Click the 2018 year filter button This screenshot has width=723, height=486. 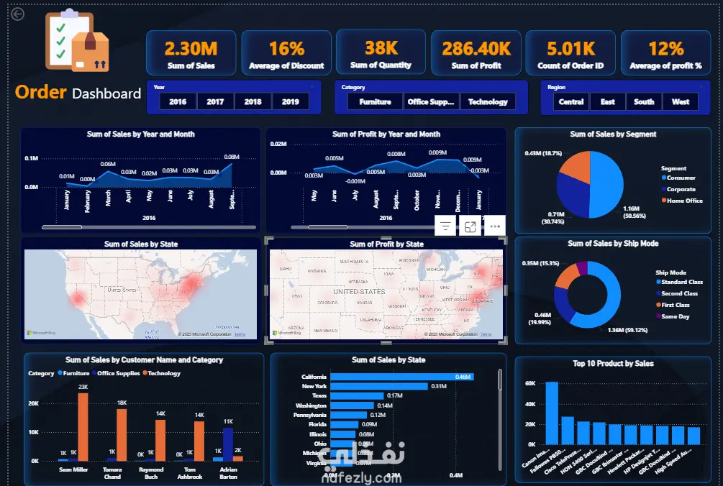coord(253,101)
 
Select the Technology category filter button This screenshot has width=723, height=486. coord(488,101)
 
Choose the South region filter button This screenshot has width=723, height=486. coord(644,101)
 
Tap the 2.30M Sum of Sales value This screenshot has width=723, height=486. coord(191,48)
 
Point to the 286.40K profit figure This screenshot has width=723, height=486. coord(476,48)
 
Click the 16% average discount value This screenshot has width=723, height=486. coord(286,48)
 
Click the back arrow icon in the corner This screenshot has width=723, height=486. coord(17,14)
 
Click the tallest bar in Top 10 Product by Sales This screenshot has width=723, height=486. coord(552,413)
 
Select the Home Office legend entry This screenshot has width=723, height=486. coord(684,201)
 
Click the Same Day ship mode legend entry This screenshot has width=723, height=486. coord(675,316)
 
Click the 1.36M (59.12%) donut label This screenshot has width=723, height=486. coord(627,330)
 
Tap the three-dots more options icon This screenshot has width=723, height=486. coord(494,226)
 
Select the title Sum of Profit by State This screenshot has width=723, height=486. coord(386,244)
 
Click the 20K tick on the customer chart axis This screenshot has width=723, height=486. coord(33,403)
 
